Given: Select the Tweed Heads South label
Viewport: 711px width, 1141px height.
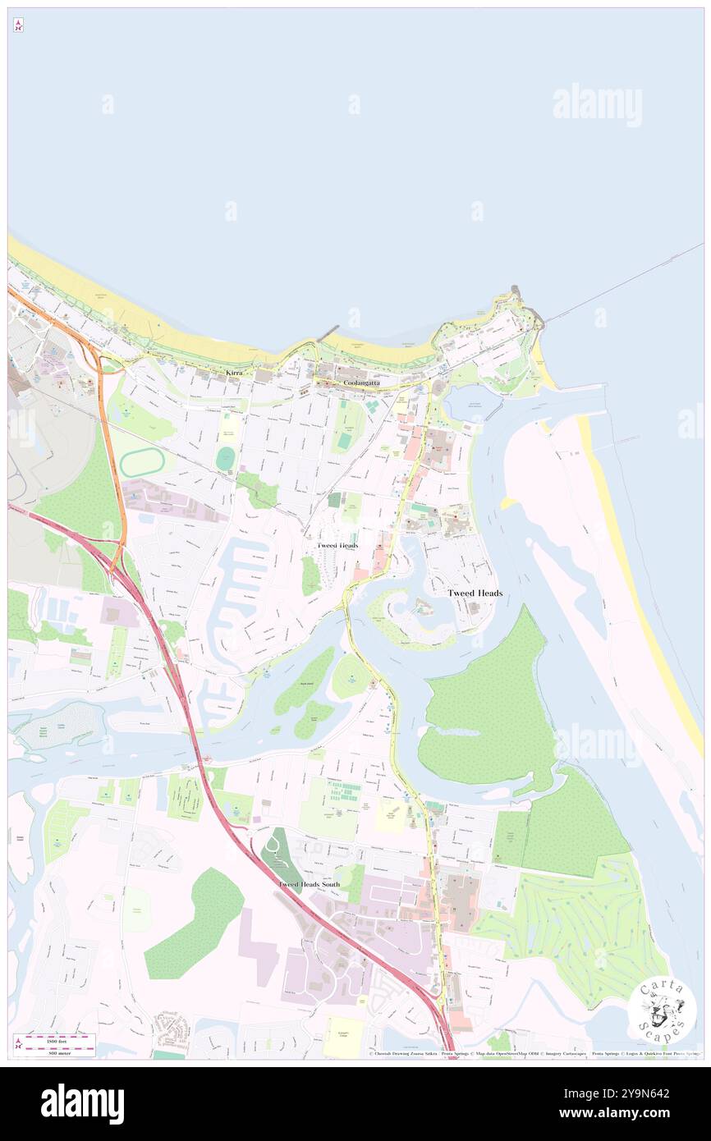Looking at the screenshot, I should pos(309,884).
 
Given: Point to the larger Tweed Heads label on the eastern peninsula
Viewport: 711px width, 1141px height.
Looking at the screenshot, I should pos(475,593).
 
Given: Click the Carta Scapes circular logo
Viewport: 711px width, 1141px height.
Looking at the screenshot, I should pos(663,1010).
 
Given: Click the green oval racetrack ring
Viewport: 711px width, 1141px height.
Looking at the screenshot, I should pos(143,463).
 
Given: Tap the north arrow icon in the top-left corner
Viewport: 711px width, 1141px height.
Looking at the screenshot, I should pos(18,25).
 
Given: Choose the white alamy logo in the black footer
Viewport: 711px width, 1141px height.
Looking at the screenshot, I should pos(82,1103).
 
